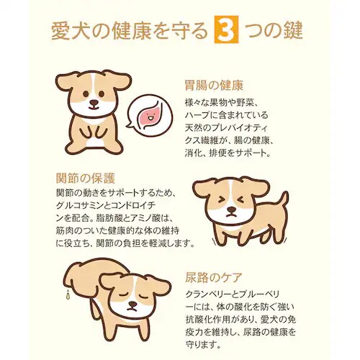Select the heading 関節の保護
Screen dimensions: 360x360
coord(86,177)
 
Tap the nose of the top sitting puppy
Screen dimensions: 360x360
coord(94,103)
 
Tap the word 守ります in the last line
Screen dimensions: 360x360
coord(205,347)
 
